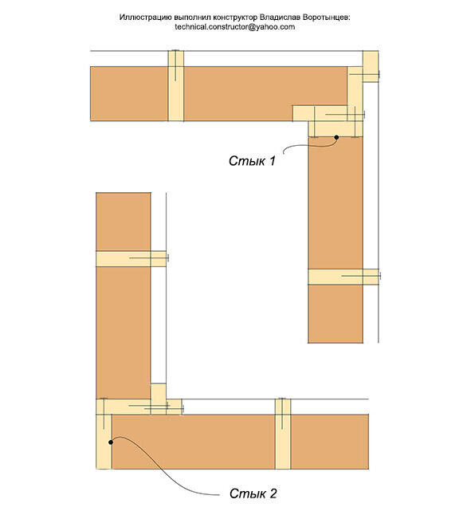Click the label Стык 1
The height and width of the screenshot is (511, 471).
pos(252,161)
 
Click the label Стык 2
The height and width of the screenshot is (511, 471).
pos(253,493)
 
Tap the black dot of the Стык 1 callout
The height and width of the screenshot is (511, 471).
pos(336,138)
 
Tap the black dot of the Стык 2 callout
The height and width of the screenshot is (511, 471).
pos(111,442)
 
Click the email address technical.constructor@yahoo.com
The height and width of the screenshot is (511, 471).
pos(235,27)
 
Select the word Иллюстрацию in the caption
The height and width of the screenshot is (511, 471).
pos(142,18)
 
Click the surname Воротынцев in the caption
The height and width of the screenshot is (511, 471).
pos(326,18)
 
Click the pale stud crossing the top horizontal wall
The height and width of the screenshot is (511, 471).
pos(176,86)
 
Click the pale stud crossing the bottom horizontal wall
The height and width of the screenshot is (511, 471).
pos(283,434)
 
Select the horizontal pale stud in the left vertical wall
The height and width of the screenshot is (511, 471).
pos(131,259)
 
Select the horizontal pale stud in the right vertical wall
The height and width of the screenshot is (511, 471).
pos(343,277)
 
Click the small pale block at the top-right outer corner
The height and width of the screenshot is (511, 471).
pos(371,66)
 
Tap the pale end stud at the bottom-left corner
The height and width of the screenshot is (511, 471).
pos(104,442)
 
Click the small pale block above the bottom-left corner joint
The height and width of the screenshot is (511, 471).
pos(159,391)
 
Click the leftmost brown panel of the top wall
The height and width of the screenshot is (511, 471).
pos(129,94)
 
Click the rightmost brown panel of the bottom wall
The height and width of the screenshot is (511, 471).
pos(330,442)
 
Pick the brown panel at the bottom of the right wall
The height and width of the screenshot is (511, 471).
pos(336,314)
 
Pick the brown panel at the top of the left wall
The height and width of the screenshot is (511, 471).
pos(124,222)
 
